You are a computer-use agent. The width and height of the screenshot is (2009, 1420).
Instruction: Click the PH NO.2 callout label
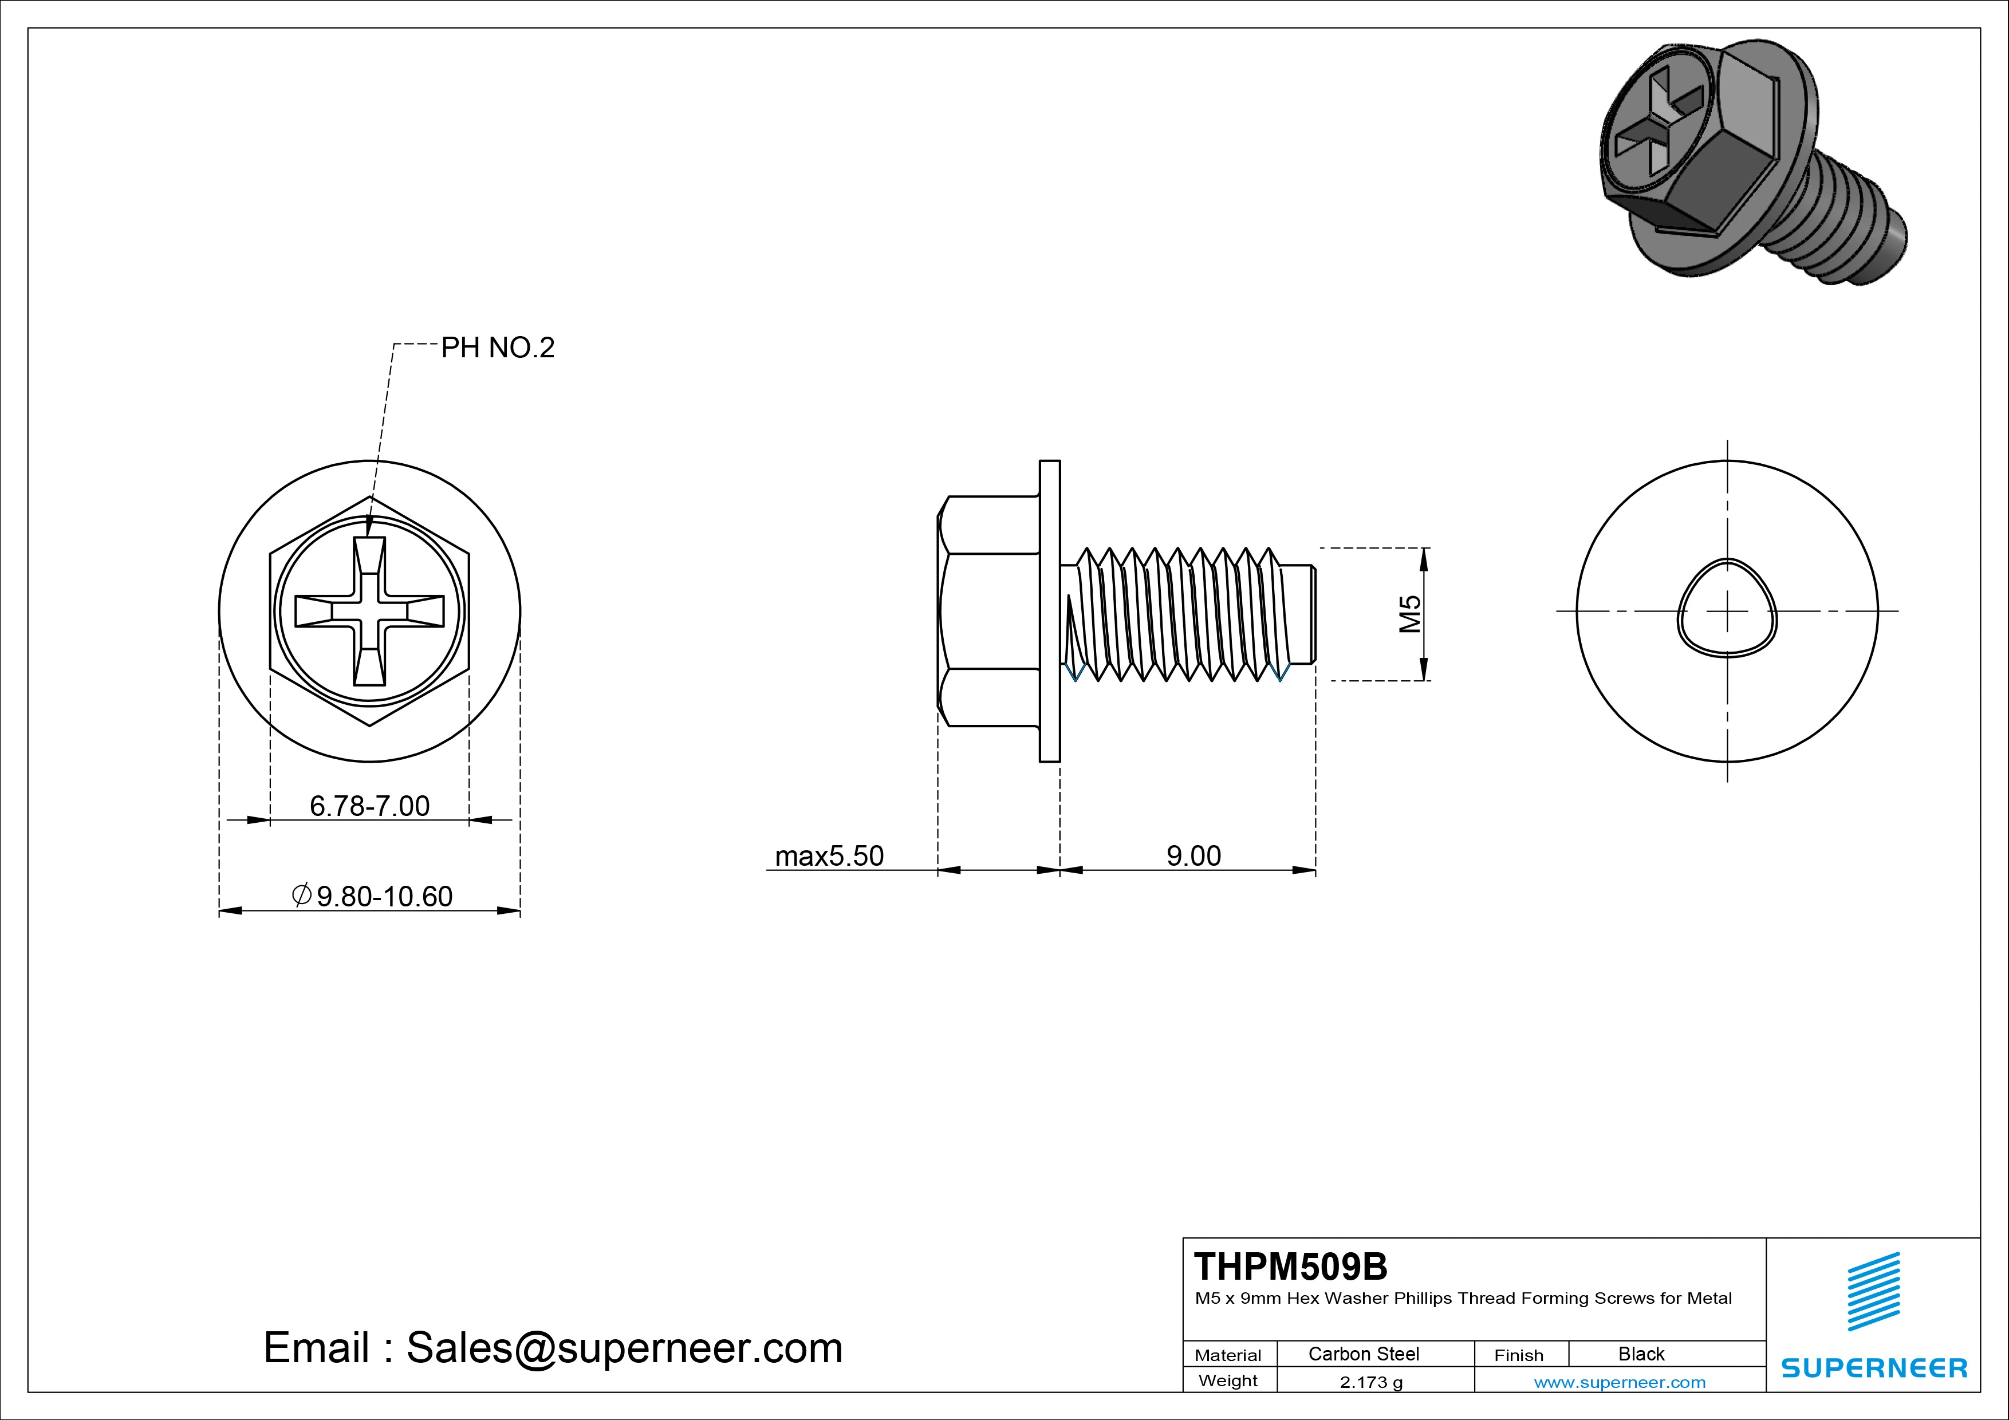click(497, 348)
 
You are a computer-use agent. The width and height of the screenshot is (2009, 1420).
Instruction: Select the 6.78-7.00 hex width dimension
click(369, 806)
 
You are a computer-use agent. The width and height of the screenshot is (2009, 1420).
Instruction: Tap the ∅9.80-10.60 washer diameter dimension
click(373, 896)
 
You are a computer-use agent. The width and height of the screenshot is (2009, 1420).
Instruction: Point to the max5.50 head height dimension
click(829, 855)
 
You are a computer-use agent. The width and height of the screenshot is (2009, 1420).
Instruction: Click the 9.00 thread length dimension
click(1193, 855)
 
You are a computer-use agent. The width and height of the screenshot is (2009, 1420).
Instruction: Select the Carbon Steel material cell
click(1363, 1354)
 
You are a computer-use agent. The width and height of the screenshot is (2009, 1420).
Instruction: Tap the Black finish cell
click(1641, 1354)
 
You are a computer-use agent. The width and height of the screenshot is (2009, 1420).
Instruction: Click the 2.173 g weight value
click(1371, 1382)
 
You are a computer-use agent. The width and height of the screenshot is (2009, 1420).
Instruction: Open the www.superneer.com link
click(1620, 1382)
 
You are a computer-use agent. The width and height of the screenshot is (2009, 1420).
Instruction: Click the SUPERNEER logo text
click(1873, 1367)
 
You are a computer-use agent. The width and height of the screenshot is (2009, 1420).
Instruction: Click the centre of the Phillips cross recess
click(369, 611)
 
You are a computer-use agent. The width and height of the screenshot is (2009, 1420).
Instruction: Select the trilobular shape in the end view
click(1727, 607)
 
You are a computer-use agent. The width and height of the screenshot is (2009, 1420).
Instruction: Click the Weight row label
click(1228, 1380)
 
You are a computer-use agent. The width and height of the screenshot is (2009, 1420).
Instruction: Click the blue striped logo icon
click(1873, 1291)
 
